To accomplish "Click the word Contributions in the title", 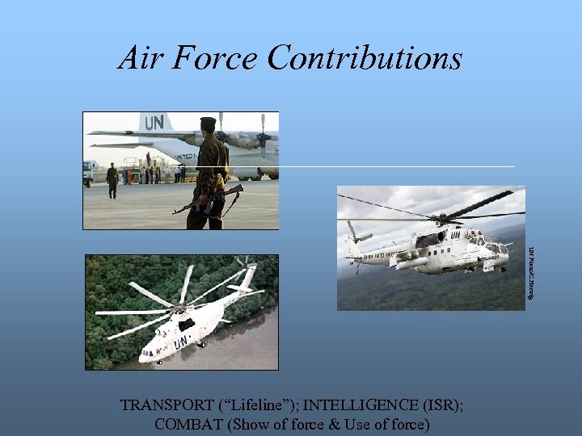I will (365, 58).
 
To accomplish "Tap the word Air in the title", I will (139, 58).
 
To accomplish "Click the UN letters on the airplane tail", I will (154, 122).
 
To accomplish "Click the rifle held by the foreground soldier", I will (207, 199).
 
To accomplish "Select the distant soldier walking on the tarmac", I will (112, 180).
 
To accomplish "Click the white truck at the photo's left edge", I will (87, 172).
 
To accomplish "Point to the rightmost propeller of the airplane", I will (264, 129).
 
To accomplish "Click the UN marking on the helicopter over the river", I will (181, 342).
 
